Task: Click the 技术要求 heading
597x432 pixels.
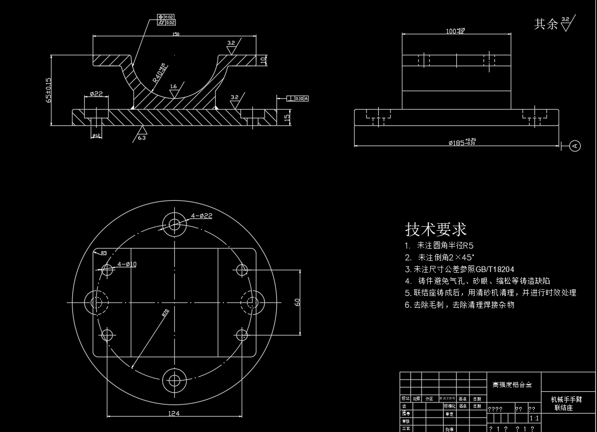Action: pyautogui.click(x=436, y=229)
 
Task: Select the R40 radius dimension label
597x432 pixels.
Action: pyautogui.click(x=159, y=74)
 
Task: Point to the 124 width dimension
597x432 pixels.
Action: pyautogui.click(x=174, y=413)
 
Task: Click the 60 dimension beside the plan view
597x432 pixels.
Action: pyautogui.click(x=297, y=302)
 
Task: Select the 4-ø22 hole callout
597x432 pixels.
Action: pyautogui.click(x=202, y=215)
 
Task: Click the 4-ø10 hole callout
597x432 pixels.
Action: pyautogui.click(x=127, y=264)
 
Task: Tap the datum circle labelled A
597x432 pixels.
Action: pyautogui.click(x=575, y=146)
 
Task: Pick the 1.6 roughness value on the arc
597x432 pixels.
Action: pyautogui.click(x=173, y=87)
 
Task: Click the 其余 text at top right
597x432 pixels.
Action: pyautogui.click(x=546, y=24)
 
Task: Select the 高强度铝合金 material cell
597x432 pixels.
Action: pyautogui.click(x=512, y=385)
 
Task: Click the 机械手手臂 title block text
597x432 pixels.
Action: pyautogui.click(x=566, y=399)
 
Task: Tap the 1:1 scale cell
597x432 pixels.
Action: pyautogui.click(x=534, y=418)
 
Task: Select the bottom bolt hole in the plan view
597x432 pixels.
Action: pyautogui.click(x=174, y=380)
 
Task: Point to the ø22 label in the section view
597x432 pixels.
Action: pyautogui.click(x=96, y=94)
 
